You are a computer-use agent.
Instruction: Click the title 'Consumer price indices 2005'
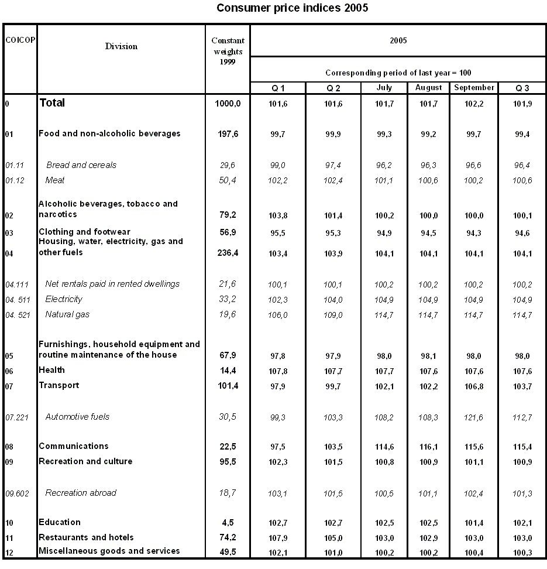(x=292, y=8)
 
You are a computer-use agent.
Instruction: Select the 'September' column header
(x=474, y=88)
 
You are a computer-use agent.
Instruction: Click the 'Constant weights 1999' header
(x=228, y=51)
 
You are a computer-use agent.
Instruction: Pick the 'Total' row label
(x=52, y=103)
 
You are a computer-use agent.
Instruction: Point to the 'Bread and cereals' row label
(x=81, y=165)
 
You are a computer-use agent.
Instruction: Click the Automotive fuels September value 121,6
(x=474, y=417)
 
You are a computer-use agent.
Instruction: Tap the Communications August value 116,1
(x=428, y=447)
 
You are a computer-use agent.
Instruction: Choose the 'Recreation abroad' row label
(x=81, y=493)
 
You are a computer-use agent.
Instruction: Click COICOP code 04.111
(x=18, y=284)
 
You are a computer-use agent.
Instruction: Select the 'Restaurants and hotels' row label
(x=86, y=537)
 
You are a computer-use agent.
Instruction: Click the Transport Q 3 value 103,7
(x=522, y=386)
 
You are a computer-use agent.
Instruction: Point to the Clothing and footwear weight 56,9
(x=228, y=232)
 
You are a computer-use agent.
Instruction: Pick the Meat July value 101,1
(x=384, y=180)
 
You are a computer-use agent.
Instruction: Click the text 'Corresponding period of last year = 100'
(x=398, y=73)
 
